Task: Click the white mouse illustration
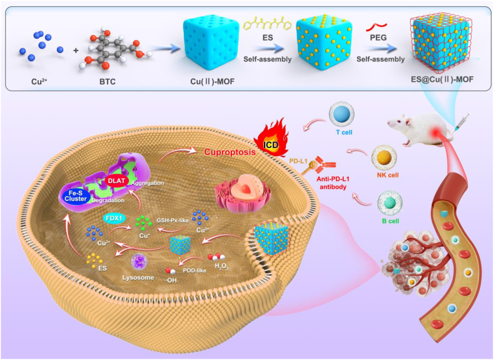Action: (x=416, y=129)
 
